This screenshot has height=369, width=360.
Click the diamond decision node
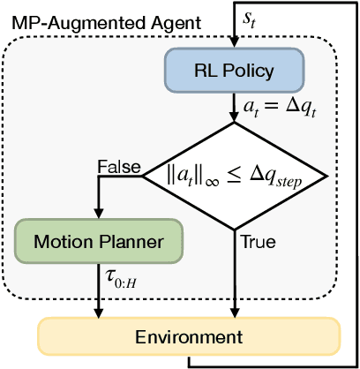[234, 177]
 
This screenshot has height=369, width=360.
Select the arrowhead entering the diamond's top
[234, 121]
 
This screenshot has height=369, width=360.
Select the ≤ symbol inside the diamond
[236, 176]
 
